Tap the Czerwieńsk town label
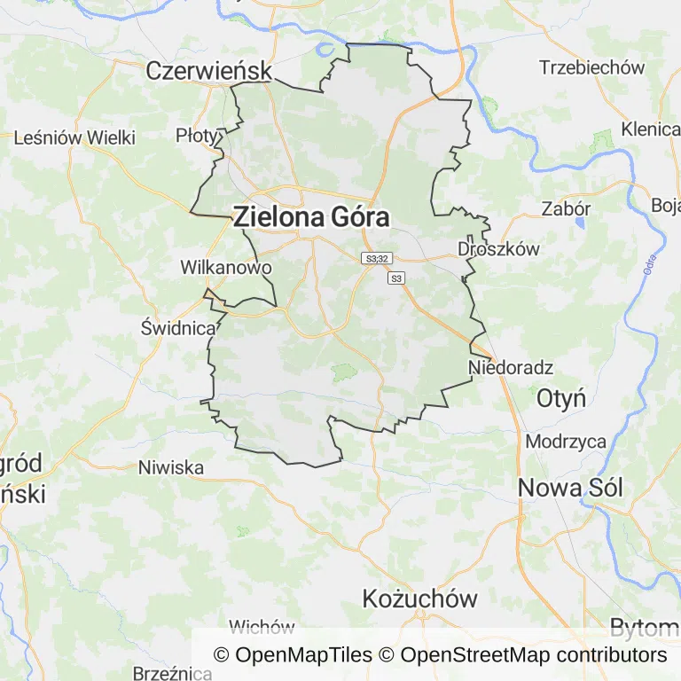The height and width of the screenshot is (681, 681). click(208, 71)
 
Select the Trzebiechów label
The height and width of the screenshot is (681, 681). click(591, 67)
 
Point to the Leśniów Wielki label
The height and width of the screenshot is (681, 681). click(74, 137)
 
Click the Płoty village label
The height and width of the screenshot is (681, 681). click(196, 135)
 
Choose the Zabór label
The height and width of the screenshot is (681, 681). click(566, 209)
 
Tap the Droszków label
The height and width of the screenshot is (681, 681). click(498, 249)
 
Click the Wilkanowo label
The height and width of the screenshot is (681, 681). click(225, 267)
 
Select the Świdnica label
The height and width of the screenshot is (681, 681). click(179, 327)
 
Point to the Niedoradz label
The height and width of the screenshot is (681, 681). click(511, 367)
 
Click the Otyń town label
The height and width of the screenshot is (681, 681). click(560, 398)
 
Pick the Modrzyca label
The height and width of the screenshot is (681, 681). click(566, 442)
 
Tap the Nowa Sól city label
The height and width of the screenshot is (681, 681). click(570, 487)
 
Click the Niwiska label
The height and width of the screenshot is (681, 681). click(171, 467)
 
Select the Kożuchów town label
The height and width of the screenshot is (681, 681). click(420, 599)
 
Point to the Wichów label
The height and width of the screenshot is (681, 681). click(262, 628)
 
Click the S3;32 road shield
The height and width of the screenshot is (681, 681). click(376, 258)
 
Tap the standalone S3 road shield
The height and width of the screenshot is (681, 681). click(396, 278)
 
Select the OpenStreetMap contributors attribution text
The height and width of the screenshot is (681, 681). click(533, 655)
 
